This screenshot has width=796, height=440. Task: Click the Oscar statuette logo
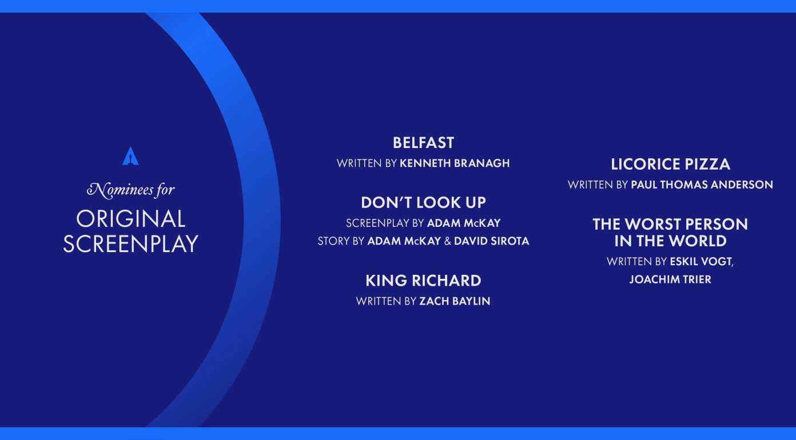pyautogui.click(x=130, y=156)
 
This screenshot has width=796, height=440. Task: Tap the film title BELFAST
pyautogui.click(x=423, y=143)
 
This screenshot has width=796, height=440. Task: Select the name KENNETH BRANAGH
pyautogui.click(x=455, y=163)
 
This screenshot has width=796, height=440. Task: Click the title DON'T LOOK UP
pyautogui.click(x=423, y=202)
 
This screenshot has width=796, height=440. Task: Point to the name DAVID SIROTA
pyautogui.click(x=491, y=241)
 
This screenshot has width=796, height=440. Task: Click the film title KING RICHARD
pyautogui.click(x=423, y=281)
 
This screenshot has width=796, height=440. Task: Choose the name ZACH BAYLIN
pyautogui.click(x=455, y=301)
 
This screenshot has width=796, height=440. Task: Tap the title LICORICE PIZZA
pyautogui.click(x=670, y=164)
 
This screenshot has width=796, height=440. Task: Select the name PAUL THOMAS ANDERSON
pyautogui.click(x=702, y=185)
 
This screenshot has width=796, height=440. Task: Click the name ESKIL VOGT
pyautogui.click(x=701, y=262)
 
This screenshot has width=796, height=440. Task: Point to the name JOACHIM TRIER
pyautogui.click(x=670, y=279)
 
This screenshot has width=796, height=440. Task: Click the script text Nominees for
pyautogui.click(x=131, y=190)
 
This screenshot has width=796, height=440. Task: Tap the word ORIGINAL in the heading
pyautogui.click(x=131, y=219)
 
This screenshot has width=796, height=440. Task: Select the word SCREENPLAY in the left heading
pyautogui.click(x=131, y=244)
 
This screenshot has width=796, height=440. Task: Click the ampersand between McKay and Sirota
pyautogui.click(x=447, y=241)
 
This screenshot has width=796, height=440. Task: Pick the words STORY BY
pyautogui.click(x=341, y=241)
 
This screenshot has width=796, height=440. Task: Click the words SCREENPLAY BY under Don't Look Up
pyautogui.click(x=385, y=223)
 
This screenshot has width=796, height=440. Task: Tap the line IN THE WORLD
pyautogui.click(x=670, y=241)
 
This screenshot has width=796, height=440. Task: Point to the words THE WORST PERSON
pyautogui.click(x=670, y=224)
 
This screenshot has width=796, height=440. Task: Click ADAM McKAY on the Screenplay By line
pyautogui.click(x=464, y=223)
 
